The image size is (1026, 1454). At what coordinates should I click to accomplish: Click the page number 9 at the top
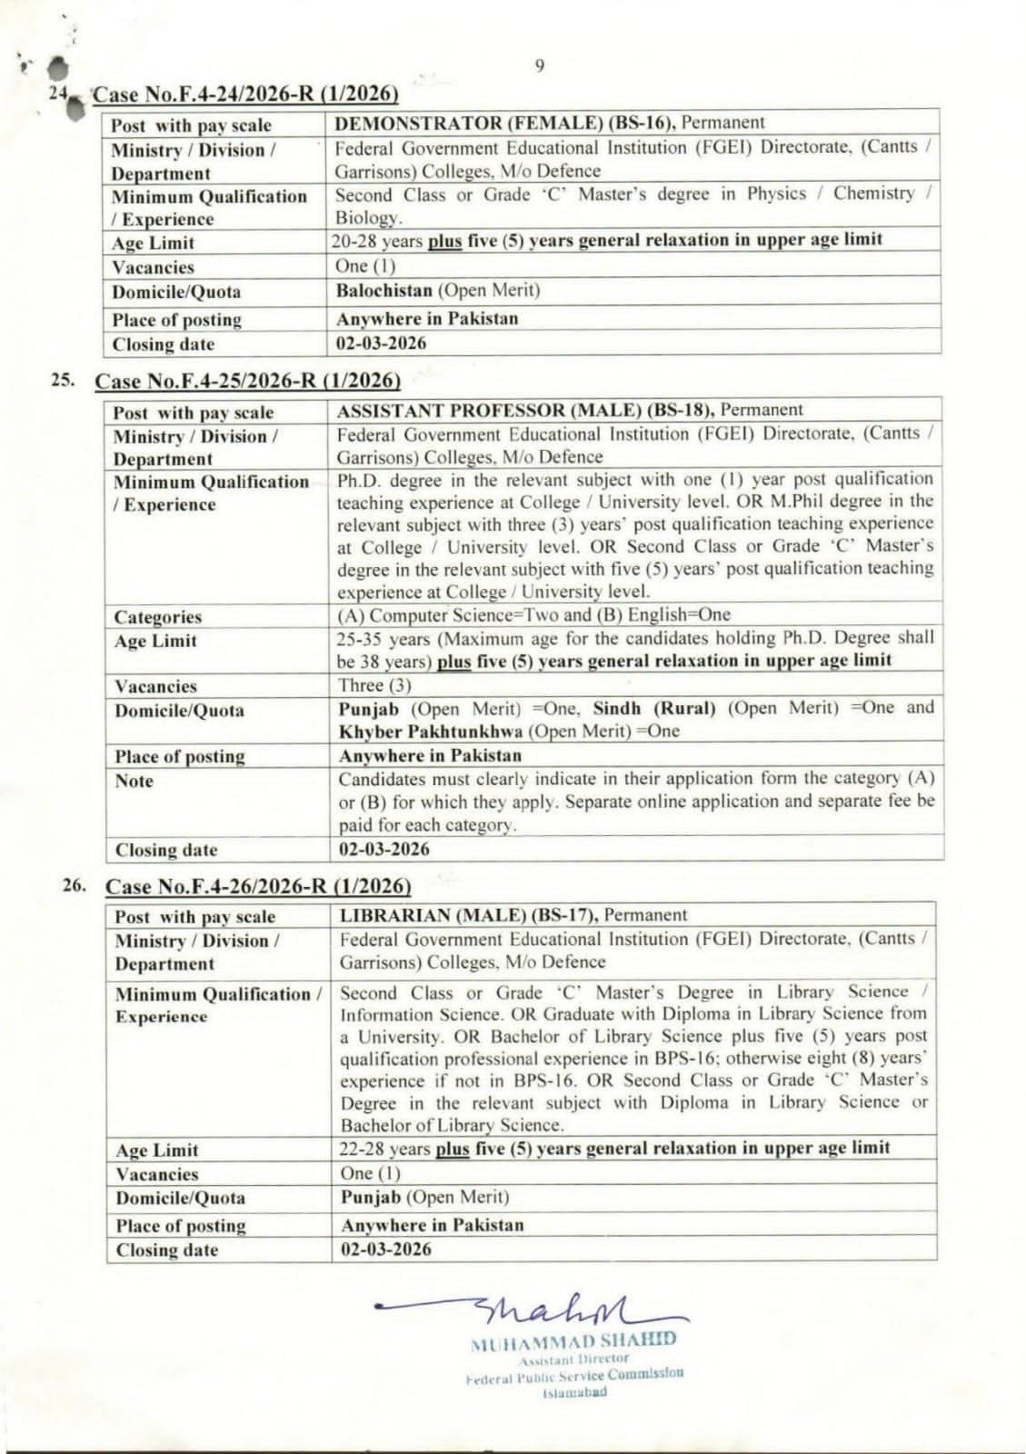pyautogui.click(x=540, y=65)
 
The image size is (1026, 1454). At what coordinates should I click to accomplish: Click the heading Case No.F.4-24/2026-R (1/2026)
pyautogui.click(x=246, y=95)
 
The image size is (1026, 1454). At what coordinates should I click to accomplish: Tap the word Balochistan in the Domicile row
pyautogui.click(x=384, y=291)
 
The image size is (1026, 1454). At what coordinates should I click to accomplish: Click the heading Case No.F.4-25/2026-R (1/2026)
pyautogui.click(x=247, y=381)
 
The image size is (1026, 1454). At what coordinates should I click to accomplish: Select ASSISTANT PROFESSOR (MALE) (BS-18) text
pyautogui.click(x=525, y=410)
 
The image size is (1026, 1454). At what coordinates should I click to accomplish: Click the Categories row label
pyautogui.click(x=158, y=617)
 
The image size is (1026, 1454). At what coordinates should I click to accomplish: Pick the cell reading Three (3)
pyautogui.click(x=374, y=685)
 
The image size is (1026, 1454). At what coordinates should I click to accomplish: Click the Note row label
pyautogui.click(x=134, y=781)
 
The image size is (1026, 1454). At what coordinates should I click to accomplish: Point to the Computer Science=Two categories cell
pyautogui.click(x=534, y=615)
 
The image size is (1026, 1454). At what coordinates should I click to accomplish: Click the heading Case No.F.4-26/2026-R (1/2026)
pyautogui.click(x=258, y=886)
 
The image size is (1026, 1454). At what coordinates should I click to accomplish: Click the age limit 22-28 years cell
pyautogui.click(x=614, y=1148)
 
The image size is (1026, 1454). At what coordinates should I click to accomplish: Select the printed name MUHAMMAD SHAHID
pyautogui.click(x=573, y=1340)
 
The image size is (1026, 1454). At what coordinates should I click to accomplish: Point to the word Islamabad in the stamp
pyautogui.click(x=574, y=1392)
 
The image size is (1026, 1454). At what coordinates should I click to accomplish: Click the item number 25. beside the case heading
pyautogui.click(x=63, y=380)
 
